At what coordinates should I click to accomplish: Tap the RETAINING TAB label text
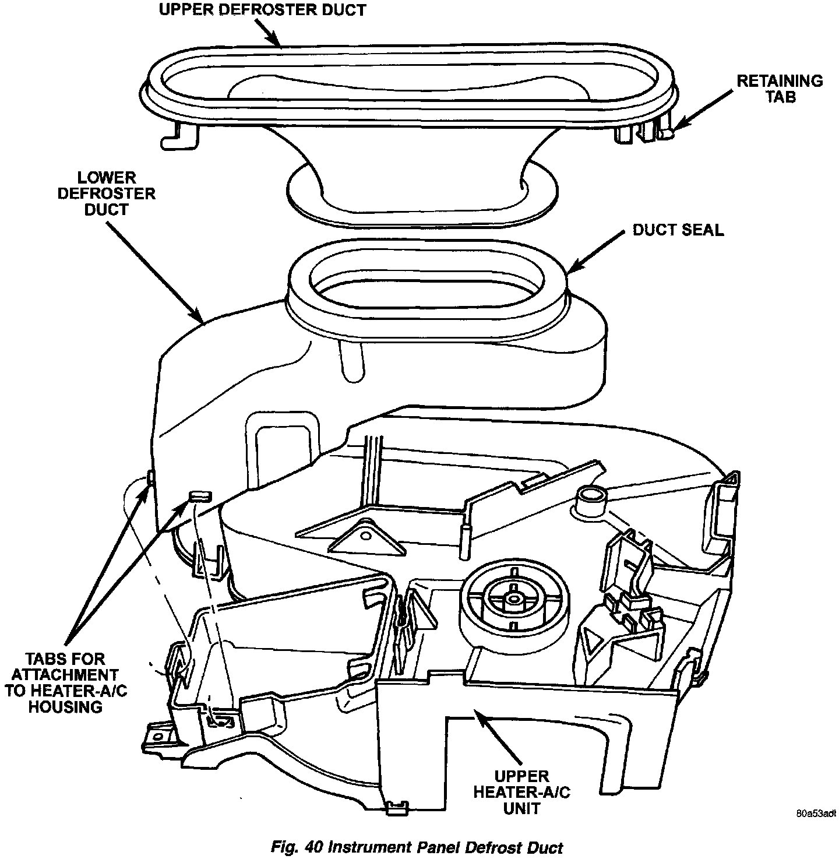tap(780, 89)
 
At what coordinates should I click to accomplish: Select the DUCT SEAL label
tap(678, 230)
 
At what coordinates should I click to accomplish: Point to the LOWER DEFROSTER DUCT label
tap(106, 193)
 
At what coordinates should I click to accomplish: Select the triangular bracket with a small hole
tap(367, 536)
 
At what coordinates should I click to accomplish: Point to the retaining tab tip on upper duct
tap(668, 133)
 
